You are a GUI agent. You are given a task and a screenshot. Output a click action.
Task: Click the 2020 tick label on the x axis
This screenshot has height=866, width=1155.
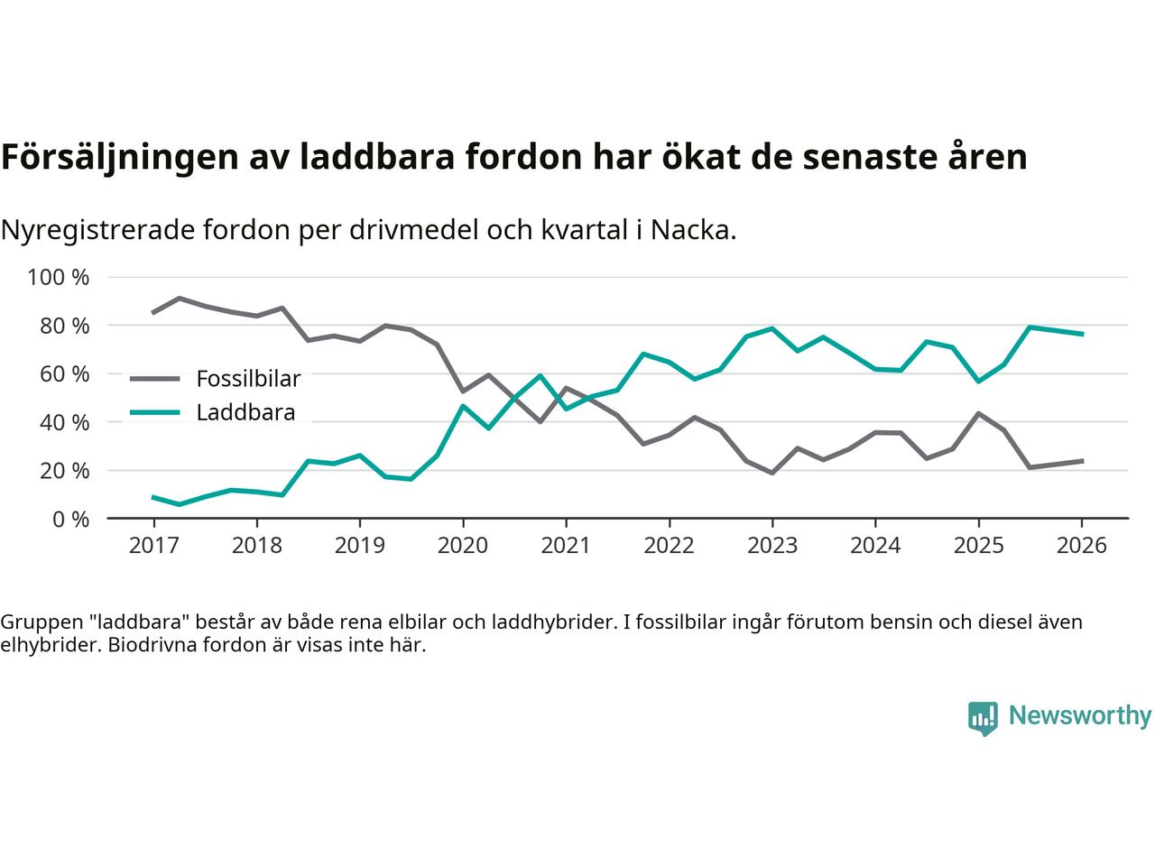(463, 546)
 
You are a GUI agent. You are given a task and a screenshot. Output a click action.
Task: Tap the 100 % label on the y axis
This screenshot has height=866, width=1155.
(59, 277)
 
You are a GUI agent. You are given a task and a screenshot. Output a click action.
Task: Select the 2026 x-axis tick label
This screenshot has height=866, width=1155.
(1082, 546)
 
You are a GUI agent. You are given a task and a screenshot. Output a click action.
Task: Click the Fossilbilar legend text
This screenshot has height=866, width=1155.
(248, 379)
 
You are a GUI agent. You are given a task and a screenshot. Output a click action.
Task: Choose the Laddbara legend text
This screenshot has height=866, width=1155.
(245, 413)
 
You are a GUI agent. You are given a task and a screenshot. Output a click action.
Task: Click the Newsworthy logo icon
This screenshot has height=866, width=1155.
(983, 718)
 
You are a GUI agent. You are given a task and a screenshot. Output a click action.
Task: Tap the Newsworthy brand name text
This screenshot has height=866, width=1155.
(1079, 716)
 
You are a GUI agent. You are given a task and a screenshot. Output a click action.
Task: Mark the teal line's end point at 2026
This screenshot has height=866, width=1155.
(1082, 334)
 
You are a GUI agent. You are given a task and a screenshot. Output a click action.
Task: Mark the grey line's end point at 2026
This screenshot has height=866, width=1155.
(1082, 461)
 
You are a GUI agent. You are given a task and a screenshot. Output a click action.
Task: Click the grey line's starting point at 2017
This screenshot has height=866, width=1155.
(153, 313)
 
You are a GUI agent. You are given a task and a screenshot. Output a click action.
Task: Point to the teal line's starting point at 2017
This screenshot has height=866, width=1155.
(153, 497)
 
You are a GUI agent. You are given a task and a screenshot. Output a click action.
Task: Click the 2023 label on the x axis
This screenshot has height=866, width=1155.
(772, 546)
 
